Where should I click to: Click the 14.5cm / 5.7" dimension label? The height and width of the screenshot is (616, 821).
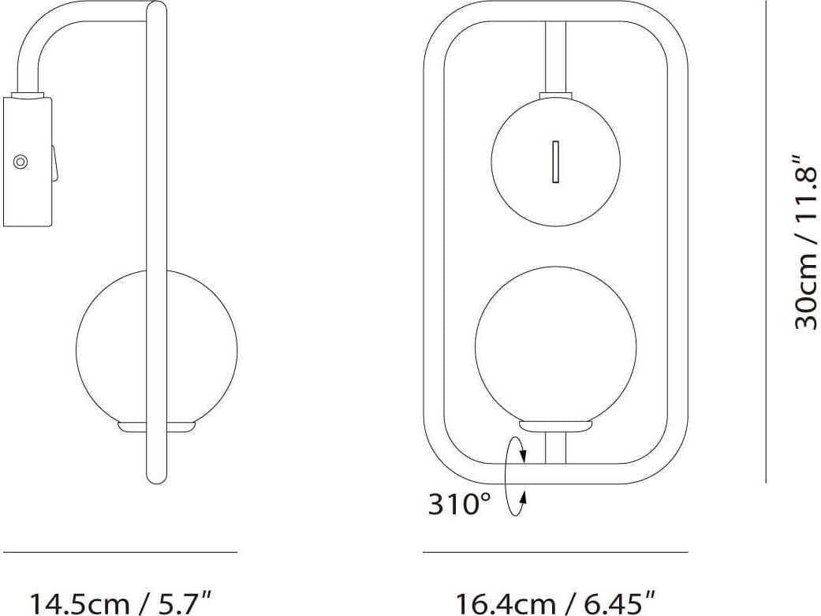coord(121,603)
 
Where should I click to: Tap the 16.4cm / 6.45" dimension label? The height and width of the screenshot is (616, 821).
coord(555,603)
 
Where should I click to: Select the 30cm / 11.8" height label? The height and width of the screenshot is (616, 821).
coord(805,241)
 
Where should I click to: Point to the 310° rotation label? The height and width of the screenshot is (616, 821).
coord(460,504)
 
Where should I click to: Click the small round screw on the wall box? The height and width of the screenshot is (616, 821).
coord(21,162)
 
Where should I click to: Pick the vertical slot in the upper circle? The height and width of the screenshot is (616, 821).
coord(555,162)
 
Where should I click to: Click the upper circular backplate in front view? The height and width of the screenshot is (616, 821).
coord(555,162)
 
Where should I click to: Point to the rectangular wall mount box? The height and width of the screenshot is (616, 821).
coord(28,162)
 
